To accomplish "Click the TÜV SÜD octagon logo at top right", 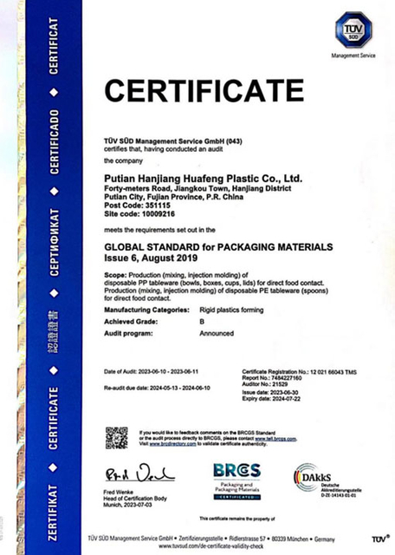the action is pyautogui.click(x=355, y=29).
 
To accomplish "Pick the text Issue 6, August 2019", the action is pyautogui.click(x=156, y=258).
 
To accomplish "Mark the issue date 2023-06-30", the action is pyautogui.click(x=289, y=393).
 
